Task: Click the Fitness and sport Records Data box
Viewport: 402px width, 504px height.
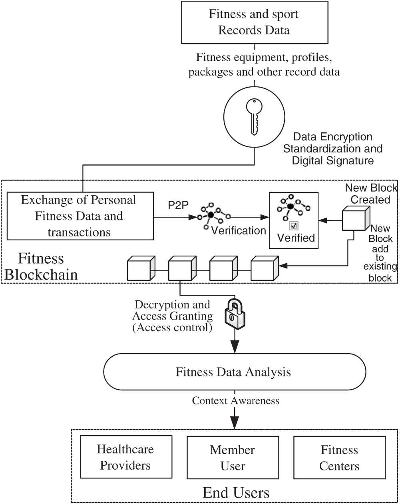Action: (x=254, y=22)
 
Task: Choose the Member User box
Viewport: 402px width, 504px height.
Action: (x=233, y=458)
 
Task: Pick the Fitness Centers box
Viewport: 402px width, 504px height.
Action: (x=340, y=458)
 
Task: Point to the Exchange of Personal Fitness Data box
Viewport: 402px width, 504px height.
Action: (x=79, y=216)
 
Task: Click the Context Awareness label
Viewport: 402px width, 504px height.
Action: (x=235, y=400)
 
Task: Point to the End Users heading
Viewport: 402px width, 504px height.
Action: (x=236, y=492)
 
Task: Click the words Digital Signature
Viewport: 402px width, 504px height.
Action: (x=333, y=161)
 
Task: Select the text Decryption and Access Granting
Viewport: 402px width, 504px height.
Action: (x=172, y=310)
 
